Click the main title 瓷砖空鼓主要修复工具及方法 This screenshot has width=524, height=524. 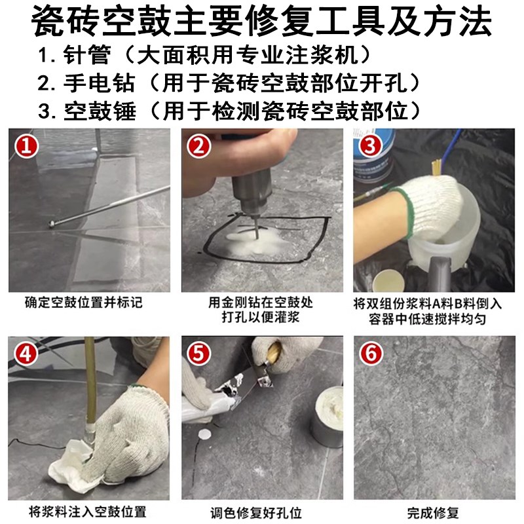click(262, 21)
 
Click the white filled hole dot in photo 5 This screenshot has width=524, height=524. click(208, 435)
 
